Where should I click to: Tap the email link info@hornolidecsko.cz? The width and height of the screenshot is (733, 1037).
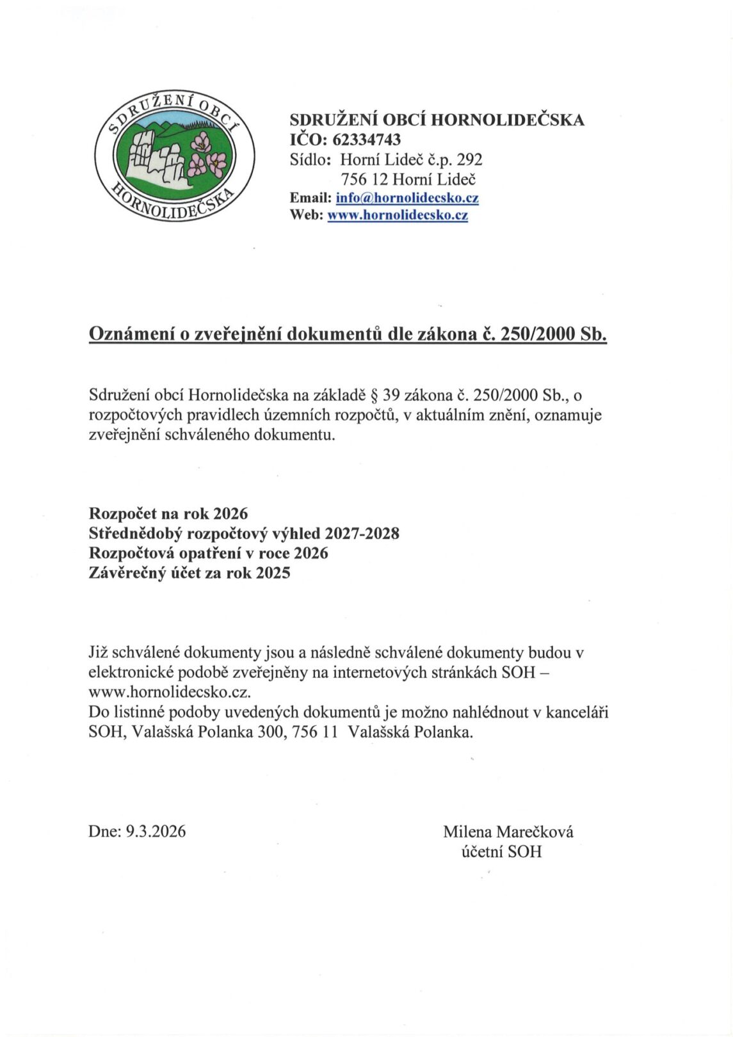tap(407, 198)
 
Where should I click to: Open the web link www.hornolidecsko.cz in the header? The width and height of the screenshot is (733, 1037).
tap(398, 216)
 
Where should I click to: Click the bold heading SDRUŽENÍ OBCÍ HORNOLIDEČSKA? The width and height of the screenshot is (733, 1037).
tap(437, 120)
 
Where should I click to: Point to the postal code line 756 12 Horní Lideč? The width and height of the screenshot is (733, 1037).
tap(408, 179)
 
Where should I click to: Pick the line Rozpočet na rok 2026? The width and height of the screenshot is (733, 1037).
tap(168, 513)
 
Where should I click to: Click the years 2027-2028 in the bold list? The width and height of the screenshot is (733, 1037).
tap(362, 533)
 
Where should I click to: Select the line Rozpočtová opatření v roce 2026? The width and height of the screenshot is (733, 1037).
tap(208, 553)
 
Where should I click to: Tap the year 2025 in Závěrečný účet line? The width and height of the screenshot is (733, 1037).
tap(273, 573)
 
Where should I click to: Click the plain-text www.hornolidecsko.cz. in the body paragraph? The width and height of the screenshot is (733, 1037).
tap(170, 693)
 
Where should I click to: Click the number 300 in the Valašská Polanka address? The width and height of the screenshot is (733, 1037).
tap(270, 732)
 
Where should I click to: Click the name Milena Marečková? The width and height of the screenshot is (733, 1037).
tap(508, 832)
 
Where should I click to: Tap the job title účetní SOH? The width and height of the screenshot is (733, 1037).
tap(501, 851)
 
